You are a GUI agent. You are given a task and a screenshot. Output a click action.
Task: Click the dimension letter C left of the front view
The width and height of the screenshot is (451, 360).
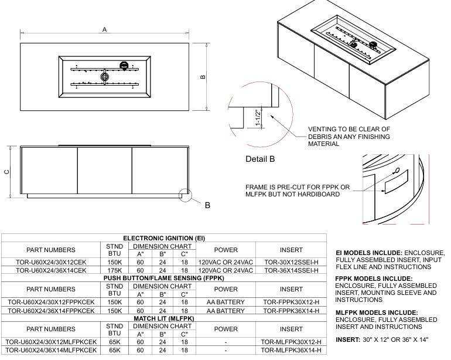6,172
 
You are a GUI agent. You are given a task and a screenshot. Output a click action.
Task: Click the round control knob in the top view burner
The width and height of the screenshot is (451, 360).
124,66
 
